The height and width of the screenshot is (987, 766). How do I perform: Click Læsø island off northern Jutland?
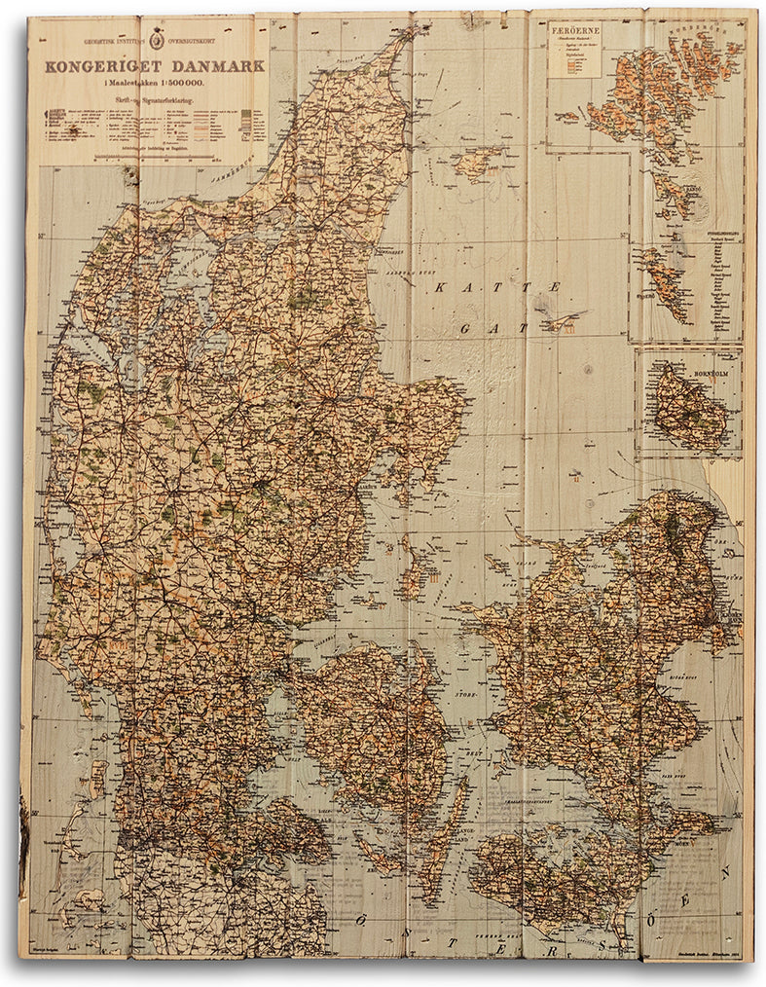pos(480,162)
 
